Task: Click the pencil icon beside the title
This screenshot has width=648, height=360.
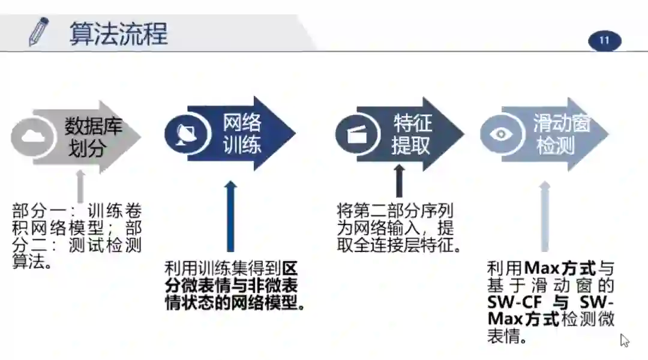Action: coord(39,32)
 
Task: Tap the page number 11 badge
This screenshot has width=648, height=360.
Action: coord(604,41)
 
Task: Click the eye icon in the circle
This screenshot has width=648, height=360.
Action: coord(500,134)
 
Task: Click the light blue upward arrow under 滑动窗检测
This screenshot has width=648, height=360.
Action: coord(544,216)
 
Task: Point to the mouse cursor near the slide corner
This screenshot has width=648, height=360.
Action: coord(624,340)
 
